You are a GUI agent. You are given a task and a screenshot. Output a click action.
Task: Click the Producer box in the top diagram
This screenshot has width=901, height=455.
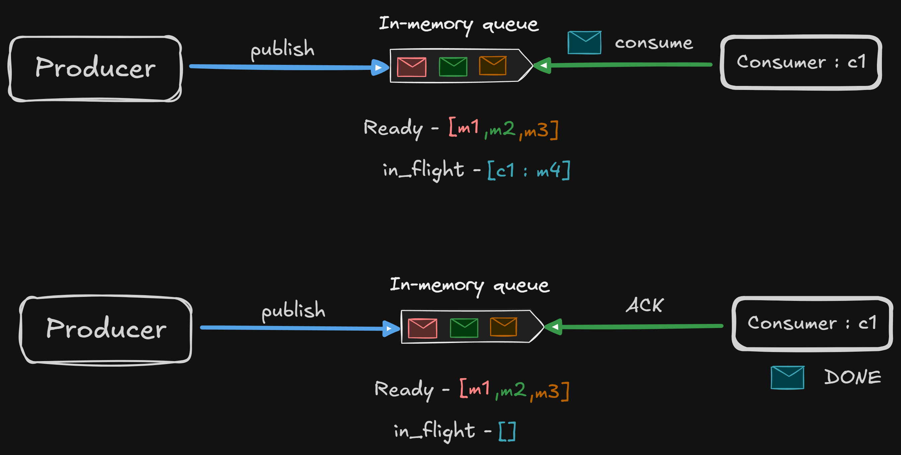(95, 68)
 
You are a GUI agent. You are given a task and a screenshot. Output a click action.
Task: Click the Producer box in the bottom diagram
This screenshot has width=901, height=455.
(106, 329)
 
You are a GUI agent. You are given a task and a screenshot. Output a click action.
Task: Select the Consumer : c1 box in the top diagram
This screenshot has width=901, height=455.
(801, 62)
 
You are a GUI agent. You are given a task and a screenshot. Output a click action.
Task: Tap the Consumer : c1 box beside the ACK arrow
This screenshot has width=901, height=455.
(812, 323)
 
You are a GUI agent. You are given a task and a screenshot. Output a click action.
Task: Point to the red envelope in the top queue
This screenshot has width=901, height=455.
(412, 67)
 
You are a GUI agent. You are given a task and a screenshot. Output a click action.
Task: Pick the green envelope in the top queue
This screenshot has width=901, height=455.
(453, 67)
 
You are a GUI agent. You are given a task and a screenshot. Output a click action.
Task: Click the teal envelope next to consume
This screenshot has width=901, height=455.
(584, 43)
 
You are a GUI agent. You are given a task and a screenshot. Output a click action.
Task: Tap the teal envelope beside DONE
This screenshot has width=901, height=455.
(787, 377)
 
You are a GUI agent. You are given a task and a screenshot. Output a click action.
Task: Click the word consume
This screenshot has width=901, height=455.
(654, 43)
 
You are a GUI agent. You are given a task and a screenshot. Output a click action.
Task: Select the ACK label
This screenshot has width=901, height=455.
(645, 306)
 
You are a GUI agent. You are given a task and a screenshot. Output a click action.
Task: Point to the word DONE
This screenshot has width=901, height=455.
(852, 377)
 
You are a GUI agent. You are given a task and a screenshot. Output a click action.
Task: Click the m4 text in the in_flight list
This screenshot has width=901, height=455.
(549, 170)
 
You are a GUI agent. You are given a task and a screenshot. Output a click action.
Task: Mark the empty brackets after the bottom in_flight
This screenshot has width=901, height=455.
(507, 432)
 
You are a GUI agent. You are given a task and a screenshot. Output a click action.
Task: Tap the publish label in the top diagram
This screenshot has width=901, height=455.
(282, 49)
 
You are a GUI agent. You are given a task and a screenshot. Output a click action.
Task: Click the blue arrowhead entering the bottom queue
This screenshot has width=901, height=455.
(390, 329)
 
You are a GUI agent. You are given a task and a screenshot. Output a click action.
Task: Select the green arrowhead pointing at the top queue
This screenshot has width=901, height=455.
(543, 65)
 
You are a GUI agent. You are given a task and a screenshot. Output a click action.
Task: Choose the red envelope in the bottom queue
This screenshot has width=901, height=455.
(422, 328)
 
